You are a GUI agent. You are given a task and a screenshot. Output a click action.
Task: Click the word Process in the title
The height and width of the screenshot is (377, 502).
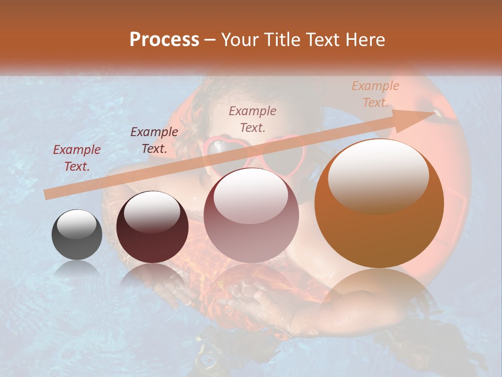[x=164, y=40]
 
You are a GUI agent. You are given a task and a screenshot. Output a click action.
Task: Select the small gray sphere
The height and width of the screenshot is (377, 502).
[x=77, y=235]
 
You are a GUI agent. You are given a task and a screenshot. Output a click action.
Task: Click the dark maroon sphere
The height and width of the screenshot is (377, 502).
[x=152, y=227]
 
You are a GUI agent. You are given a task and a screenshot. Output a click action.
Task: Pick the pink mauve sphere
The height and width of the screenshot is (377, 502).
[x=251, y=215]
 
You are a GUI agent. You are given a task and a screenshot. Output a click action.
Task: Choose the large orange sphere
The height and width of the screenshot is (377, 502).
[x=379, y=204]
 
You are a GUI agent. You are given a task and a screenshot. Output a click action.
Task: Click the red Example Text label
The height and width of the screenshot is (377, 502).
[x=77, y=158]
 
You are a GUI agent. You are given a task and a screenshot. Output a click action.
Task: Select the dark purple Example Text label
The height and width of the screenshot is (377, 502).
[x=154, y=140]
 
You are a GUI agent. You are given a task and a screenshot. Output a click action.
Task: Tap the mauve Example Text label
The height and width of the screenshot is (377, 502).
[x=253, y=119]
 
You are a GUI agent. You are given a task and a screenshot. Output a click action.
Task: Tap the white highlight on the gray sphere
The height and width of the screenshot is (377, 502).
[x=76, y=224]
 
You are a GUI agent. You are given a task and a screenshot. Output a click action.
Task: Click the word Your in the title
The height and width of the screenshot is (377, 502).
[x=239, y=40]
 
